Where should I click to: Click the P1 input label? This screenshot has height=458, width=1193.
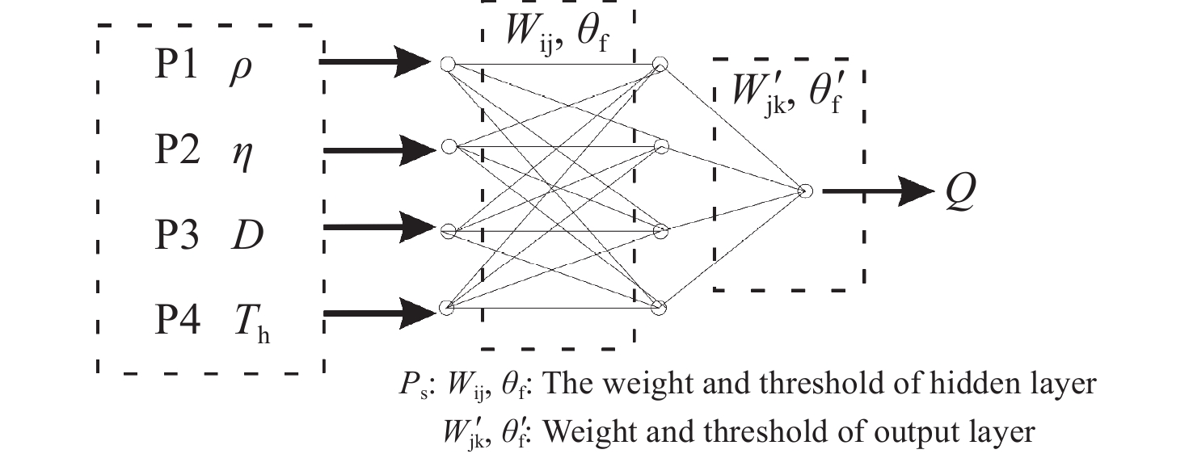click(176, 67)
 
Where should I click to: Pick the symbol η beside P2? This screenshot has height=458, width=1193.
click(241, 154)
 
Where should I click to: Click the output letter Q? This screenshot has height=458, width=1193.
click(962, 192)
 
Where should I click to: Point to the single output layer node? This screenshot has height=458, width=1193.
click(804, 191)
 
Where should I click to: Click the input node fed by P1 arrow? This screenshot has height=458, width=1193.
click(447, 63)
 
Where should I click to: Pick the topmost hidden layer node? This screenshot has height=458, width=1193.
click(660, 63)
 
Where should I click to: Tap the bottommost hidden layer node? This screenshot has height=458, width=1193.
click(660, 308)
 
